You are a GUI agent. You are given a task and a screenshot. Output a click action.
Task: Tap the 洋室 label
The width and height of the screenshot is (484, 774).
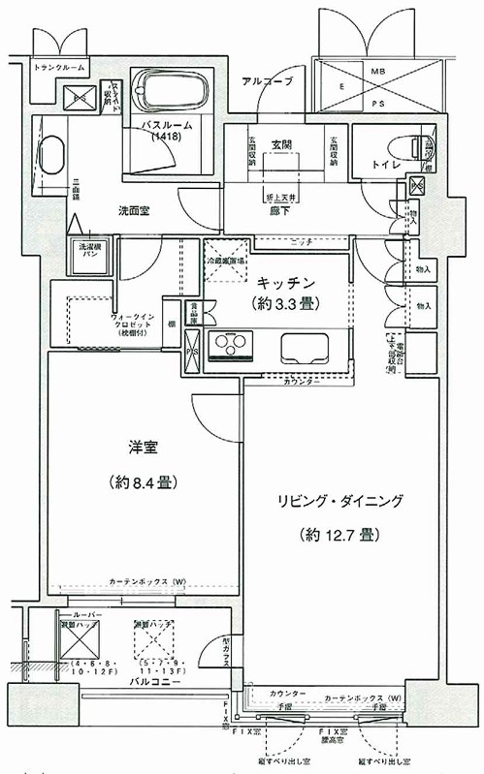[142, 449]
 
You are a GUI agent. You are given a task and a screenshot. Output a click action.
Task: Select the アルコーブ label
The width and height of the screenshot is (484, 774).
[267, 81]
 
